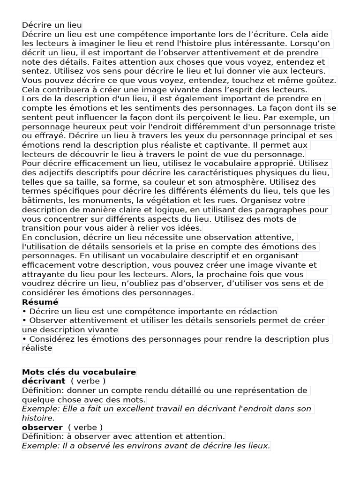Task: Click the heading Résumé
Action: click(x=40, y=302)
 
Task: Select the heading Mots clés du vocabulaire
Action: click(x=79, y=372)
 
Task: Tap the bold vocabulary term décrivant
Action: click(x=44, y=381)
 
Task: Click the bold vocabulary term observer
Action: click(x=42, y=427)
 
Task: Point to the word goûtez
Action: click(x=321, y=81)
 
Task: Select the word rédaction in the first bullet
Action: click(x=258, y=312)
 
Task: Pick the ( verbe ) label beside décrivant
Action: click(x=88, y=381)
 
